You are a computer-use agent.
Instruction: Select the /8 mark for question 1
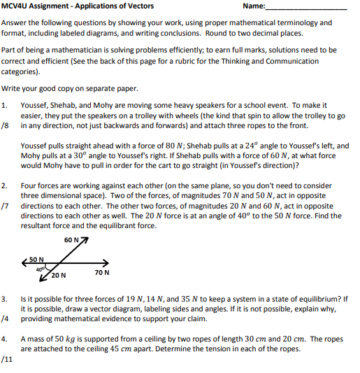[x=6, y=127]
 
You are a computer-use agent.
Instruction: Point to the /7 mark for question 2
[x=6, y=208]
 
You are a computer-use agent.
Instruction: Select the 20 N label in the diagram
[x=59, y=275]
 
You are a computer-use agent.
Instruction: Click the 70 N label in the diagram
[x=101, y=272]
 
